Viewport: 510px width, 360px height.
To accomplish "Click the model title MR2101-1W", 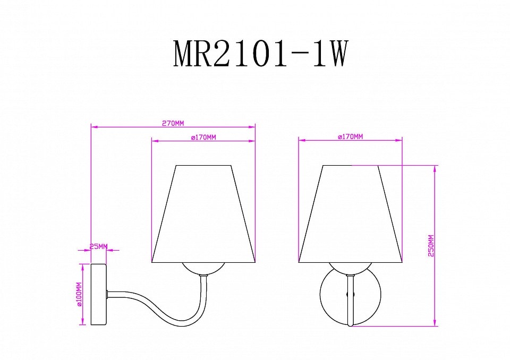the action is [260, 54].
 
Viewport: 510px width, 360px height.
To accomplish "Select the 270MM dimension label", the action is [173, 123].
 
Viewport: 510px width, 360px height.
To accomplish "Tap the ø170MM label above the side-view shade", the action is [203, 138].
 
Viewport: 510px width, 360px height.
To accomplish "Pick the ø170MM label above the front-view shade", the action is [350, 136].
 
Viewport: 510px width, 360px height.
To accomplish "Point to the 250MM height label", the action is [431, 245].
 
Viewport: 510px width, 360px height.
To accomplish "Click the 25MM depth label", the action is [98, 247].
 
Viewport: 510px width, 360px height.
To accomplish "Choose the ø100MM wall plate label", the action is [79, 294].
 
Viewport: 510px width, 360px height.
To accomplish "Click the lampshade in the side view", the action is [203, 213].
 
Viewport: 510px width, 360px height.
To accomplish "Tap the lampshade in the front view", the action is [350, 213].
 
